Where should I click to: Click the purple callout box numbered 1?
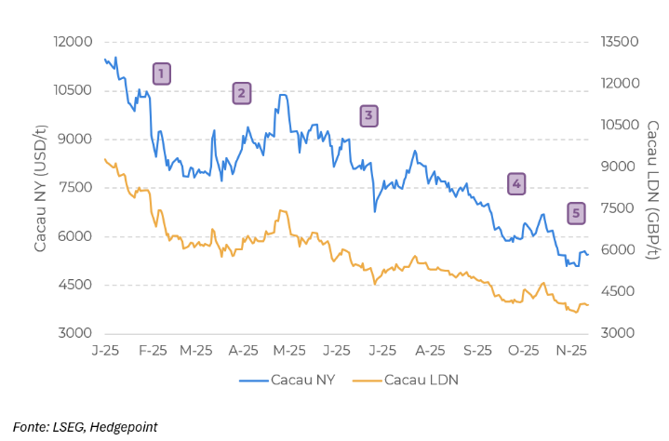(161, 74)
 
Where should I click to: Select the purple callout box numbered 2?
(241, 92)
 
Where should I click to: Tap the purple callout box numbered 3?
(368, 116)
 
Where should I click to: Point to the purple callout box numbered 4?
(516, 184)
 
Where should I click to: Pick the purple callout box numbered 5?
(577, 214)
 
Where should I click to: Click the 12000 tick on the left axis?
(74, 43)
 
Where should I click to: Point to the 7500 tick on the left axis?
(76, 188)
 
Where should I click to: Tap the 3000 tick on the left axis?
(76, 333)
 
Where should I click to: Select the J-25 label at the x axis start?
(105, 351)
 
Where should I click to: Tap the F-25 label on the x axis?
(152, 351)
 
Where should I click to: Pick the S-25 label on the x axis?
(476, 351)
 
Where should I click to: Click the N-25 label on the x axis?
(570, 351)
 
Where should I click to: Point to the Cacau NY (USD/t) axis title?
(40, 188)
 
